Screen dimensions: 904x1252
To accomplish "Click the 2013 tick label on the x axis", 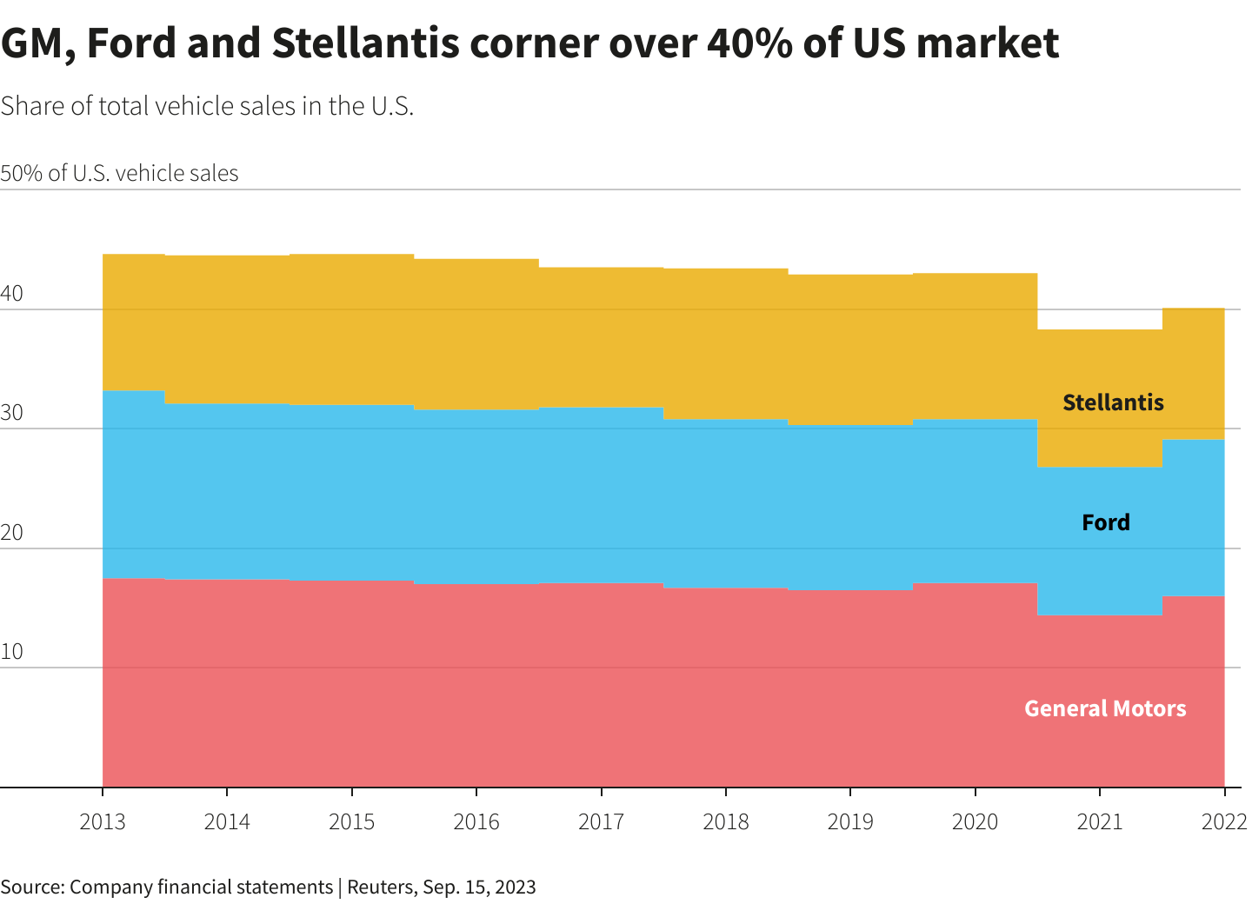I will pos(103,821).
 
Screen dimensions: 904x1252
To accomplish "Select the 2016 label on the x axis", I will pos(476,821).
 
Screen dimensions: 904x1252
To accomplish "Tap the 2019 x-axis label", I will pos(850,821).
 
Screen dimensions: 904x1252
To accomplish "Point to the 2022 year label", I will pos(1224,821).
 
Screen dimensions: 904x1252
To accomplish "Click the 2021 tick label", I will pos(1100,821).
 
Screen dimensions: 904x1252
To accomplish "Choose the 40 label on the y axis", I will pos(12,294).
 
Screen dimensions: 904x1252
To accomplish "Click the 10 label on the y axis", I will pos(12,652).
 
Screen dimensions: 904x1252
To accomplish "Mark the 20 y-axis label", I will pos(12,533).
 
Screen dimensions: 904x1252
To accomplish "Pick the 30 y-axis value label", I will pos(12,413).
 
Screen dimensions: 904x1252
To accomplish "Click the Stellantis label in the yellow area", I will pos(1113,402).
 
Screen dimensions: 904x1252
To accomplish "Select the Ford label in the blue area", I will pos(1106,522).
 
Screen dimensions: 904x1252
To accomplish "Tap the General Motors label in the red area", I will pos(1105,708).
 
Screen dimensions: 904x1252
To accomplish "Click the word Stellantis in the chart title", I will pos(364,43).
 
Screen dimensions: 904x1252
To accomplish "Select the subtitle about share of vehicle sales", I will pos(207,106).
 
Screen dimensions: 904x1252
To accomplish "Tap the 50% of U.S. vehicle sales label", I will pos(119,173).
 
